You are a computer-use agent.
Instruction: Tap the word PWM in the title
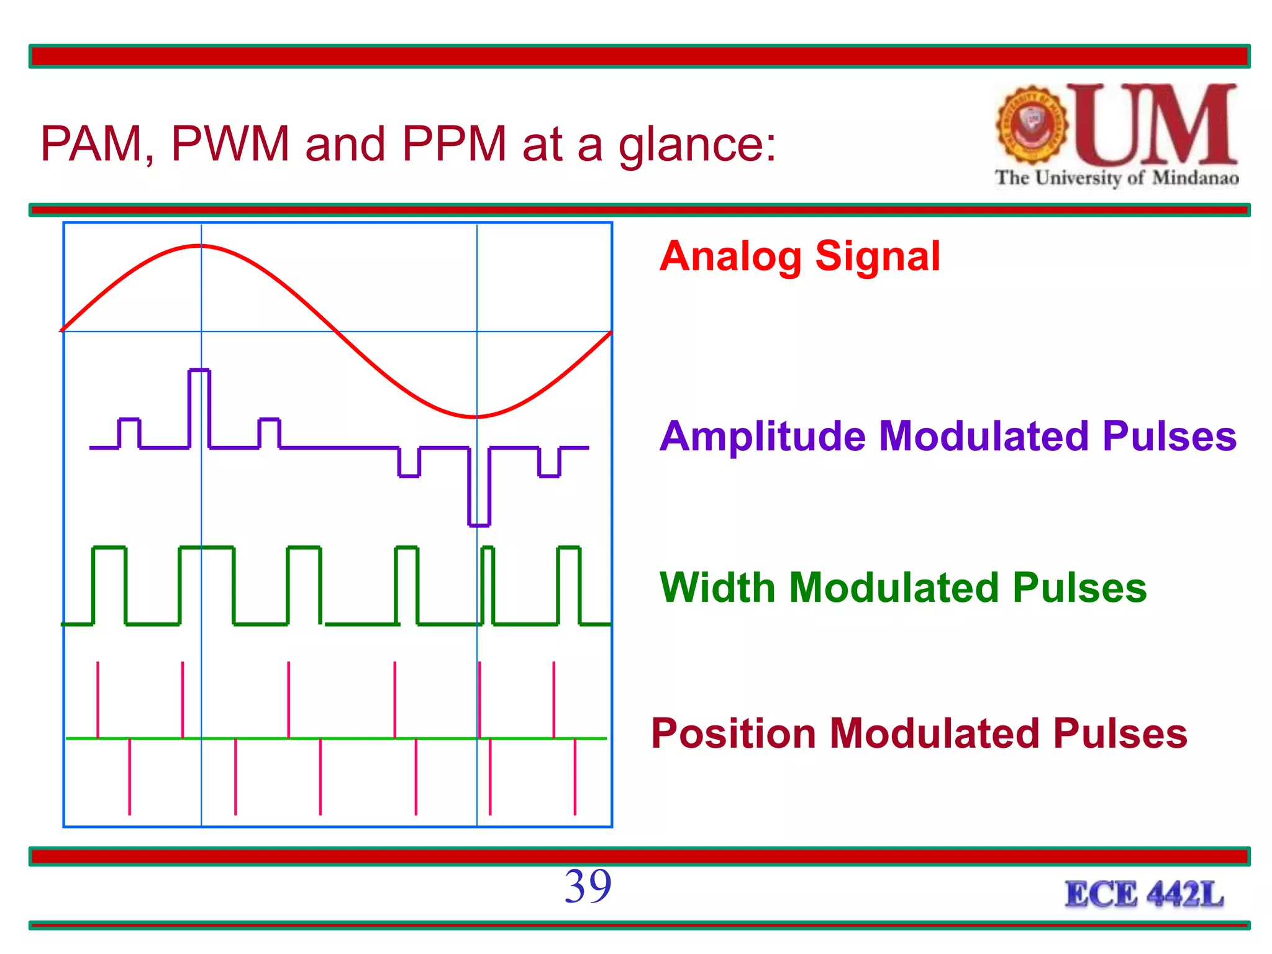pos(230,144)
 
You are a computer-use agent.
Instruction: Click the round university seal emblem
pos(1032,125)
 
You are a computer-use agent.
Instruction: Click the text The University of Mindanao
pos(1116,178)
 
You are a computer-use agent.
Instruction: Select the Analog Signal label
pos(799,256)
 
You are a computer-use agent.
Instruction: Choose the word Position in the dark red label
pos(733,734)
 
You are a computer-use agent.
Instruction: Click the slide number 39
pos(588,886)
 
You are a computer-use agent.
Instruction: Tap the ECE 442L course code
pos(1143,894)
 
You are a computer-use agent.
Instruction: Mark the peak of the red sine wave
pos(200,247)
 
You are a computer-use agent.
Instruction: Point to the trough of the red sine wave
pos(476,417)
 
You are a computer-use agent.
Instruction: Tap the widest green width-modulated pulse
pos(207,584)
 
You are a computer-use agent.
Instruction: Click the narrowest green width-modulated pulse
pos(488,584)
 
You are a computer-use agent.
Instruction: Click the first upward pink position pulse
pos(98,699)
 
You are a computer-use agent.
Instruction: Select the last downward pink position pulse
pos(575,776)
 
